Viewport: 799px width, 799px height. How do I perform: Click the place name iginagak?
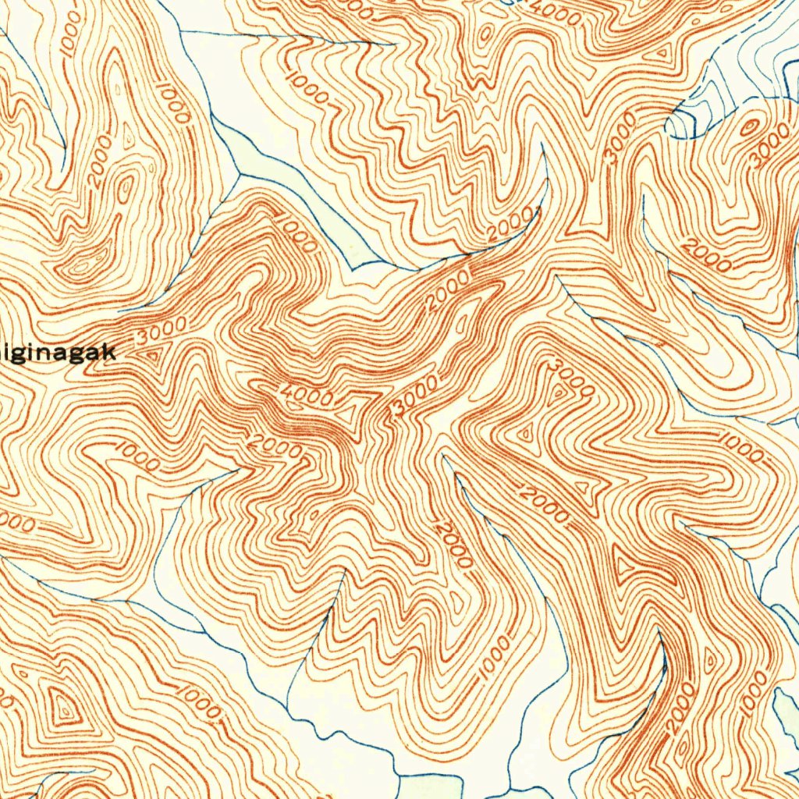pyautogui.click(x=58, y=353)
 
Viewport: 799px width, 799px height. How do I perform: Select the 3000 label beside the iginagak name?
pyautogui.click(x=161, y=331)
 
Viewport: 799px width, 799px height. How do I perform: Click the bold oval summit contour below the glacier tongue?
pyautogui.click(x=748, y=126)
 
